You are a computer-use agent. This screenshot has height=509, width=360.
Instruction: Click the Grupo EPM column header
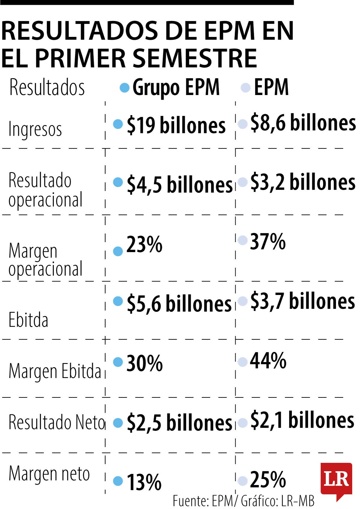pyautogui.click(x=176, y=88)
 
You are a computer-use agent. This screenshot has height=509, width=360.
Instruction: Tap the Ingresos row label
pyautogui.click(x=35, y=129)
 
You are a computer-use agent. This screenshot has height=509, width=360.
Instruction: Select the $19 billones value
pyautogui.click(x=176, y=125)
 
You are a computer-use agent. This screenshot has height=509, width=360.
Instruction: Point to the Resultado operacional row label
pyautogui.click(x=45, y=190)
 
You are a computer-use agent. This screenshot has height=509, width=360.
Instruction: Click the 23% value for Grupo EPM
pyautogui.click(x=144, y=245)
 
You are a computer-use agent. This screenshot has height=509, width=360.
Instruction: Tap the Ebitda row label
pyautogui.click(x=28, y=320)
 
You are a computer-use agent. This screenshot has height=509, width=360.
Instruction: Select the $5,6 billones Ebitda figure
pyautogui.click(x=179, y=303)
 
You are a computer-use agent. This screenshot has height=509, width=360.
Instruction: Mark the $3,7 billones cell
pyautogui.click(x=302, y=301)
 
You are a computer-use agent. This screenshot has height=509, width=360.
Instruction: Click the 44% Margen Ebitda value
pyautogui.click(x=268, y=361)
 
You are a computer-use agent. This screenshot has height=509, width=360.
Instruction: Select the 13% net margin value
pyautogui.click(x=144, y=482)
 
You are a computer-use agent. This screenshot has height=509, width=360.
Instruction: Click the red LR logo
pyautogui.click(x=336, y=480)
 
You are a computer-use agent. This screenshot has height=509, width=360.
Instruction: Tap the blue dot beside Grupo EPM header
pyautogui.click(x=124, y=88)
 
